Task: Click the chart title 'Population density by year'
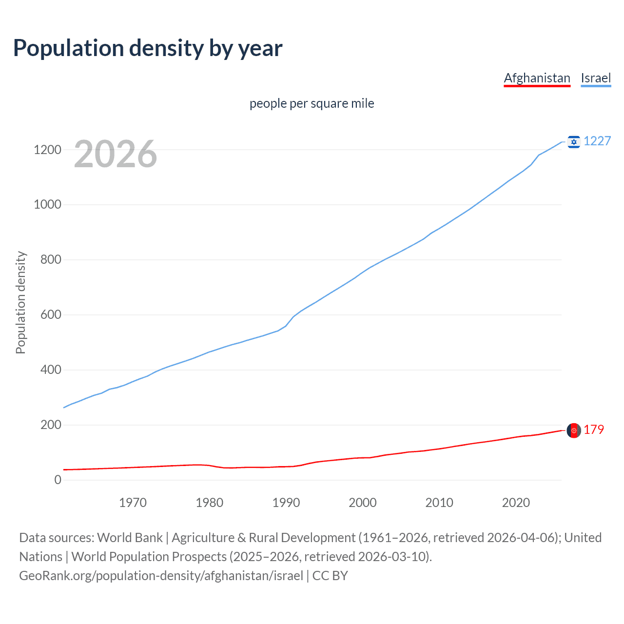click(x=148, y=48)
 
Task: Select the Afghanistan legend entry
click(x=537, y=78)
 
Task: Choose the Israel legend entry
click(x=596, y=78)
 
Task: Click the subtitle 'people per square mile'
click(x=312, y=103)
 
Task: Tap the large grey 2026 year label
click(x=116, y=154)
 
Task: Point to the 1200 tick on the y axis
click(x=47, y=150)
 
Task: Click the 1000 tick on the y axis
click(x=47, y=205)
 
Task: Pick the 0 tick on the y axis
click(x=58, y=480)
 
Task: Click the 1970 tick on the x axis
click(x=133, y=503)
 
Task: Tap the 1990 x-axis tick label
click(x=286, y=503)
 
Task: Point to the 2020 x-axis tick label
click(x=516, y=503)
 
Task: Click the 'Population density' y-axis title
click(x=20, y=302)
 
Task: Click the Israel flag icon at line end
click(x=574, y=142)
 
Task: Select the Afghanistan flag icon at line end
click(x=574, y=430)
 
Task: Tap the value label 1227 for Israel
click(x=597, y=141)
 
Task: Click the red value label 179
click(x=594, y=429)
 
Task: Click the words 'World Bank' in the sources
click(x=130, y=538)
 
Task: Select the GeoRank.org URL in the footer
click(x=161, y=576)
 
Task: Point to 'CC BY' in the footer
click(x=330, y=576)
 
